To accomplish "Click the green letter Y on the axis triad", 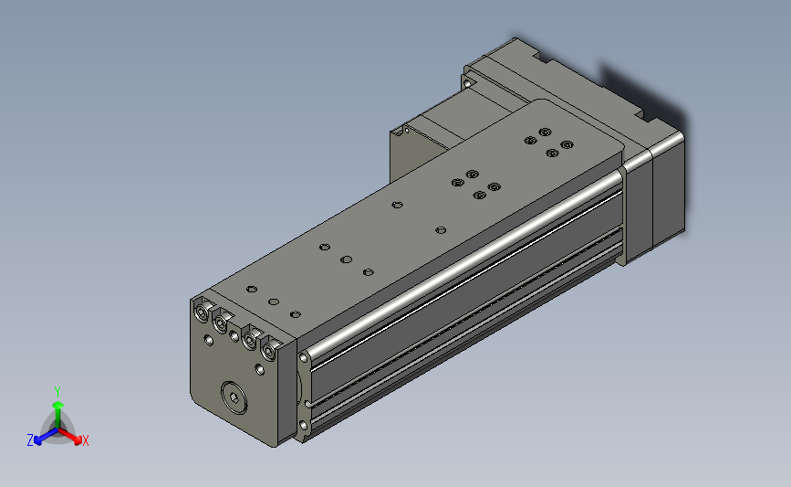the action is pos(57,392).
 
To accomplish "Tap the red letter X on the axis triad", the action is pos(86,440).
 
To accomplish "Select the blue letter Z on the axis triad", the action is pos(30,440).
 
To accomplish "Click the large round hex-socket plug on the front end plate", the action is pos(234,397).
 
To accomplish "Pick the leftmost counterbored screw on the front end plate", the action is pos(203,312).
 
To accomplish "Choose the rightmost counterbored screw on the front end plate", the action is pos(269,350).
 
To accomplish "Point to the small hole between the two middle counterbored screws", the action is pos(234,336).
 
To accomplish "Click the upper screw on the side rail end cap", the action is pos(304,358).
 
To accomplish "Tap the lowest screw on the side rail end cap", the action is pos(304,426).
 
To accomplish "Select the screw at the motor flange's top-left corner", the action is pos(468,82).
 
